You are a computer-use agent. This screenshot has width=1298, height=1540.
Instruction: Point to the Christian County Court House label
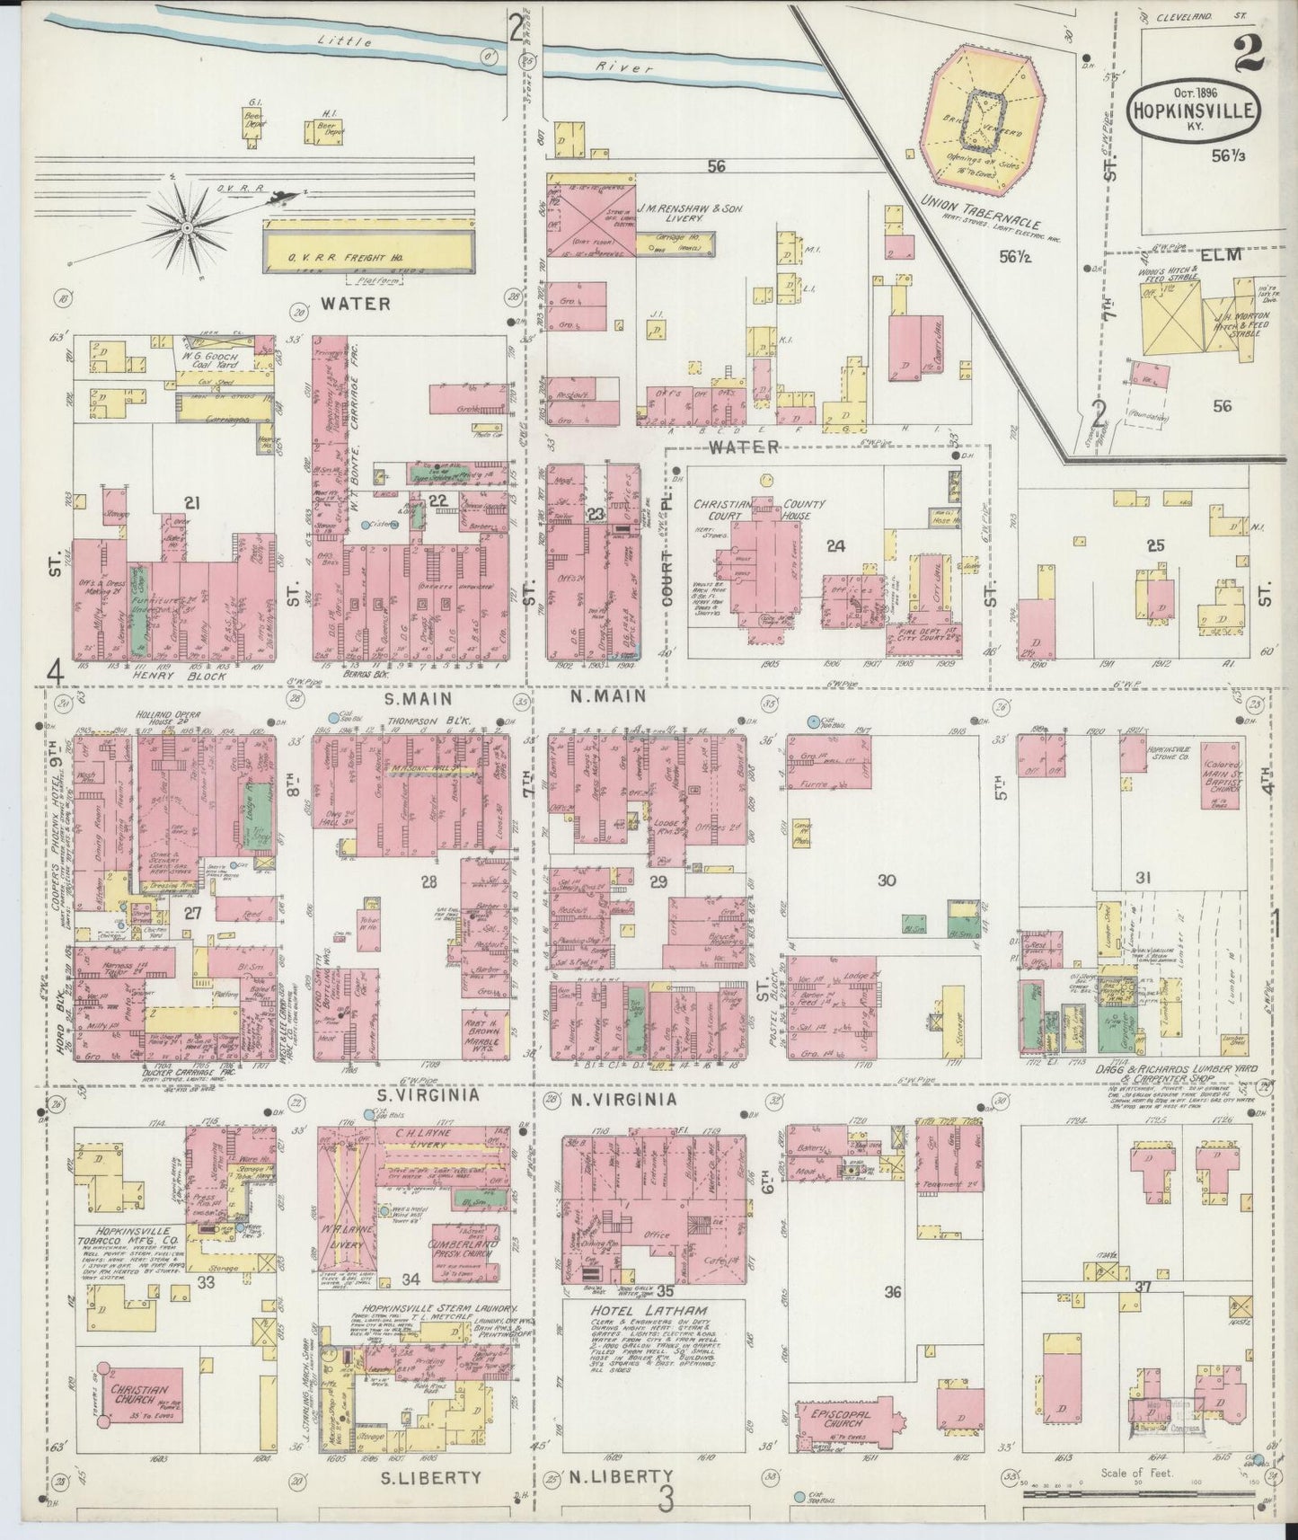click(x=756, y=509)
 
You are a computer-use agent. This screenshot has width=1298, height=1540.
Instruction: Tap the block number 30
click(x=886, y=881)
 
